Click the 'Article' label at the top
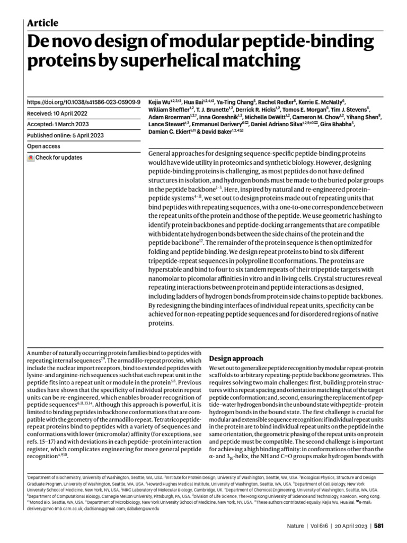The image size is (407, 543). [x=42, y=23]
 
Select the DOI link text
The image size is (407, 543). [x=83, y=101]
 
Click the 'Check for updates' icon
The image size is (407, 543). [x=31, y=157]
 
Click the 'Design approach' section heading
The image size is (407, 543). [x=236, y=358]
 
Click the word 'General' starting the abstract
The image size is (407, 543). [x=162, y=153]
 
